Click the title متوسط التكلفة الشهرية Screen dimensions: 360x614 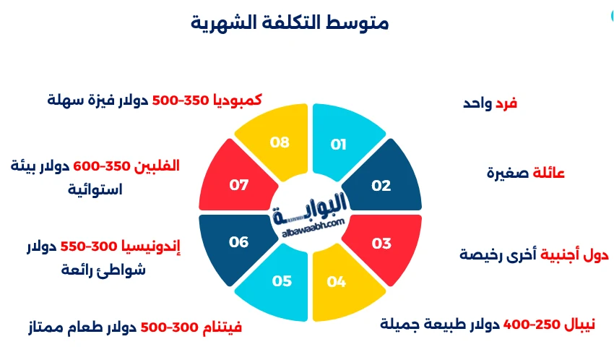[290, 22]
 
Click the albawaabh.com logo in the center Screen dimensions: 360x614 [310, 211]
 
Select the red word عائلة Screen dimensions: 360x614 [548, 173]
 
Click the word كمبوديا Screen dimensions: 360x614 [236, 99]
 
